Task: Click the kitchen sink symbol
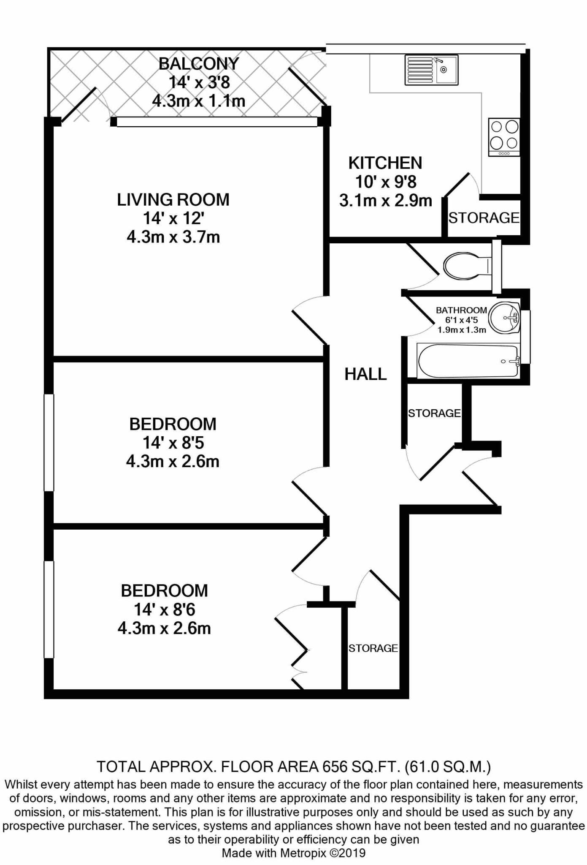pyautogui.click(x=431, y=70)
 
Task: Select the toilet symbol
pyautogui.click(x=468, y=266)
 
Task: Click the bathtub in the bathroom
pyautogui.click(x=468, y=361)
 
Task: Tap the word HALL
pyautogui.click(x=365, y=374)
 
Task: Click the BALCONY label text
pyautogui.click(x=199, y=64)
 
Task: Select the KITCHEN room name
pyautogui.click(x=385, y=163)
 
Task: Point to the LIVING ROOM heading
pyautogui.click(x=173, y=199)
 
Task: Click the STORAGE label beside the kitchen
pyautogui.click(x=484, y=218)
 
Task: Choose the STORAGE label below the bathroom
pyautogui.click(x=434, y=413)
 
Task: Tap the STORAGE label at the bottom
pyautogui.click(x=373, y=648)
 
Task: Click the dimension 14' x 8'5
pyautogui.click(x=173, y=443)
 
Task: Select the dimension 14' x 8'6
pyautogui.click(x=165, y=609)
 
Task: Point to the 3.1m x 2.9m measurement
pyautogui.click(x=386, y=200)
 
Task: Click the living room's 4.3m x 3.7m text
pyautogui.click(x=173, y=237)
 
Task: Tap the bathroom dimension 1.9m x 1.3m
pyautogui.click(x=462, y=330)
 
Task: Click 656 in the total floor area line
pyautogui.click(x=335, y=766)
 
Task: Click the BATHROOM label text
pyautogui.click(x=462, y=310)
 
